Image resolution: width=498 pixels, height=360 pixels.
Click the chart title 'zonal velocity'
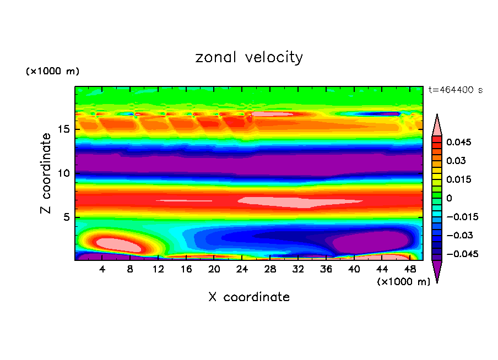coord(249,57)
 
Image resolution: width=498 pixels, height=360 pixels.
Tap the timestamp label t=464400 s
coord(455,90)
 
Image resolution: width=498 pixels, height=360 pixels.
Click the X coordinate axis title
coord(249,297)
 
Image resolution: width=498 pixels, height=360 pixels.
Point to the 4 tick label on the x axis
coord(102,269)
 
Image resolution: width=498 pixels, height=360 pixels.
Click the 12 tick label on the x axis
coord(159,269)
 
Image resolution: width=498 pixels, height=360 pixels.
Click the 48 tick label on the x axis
coord(409,269)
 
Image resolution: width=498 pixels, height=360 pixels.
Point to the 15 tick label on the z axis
coord(63,129)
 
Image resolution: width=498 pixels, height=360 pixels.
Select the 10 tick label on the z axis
coord(63,173)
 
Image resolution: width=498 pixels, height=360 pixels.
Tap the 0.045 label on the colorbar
coord(458,142)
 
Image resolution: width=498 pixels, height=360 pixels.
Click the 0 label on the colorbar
coord(448,198)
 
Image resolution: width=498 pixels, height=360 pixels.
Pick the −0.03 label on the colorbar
coord(458,235)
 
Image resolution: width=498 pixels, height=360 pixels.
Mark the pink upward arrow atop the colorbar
coord(437,126)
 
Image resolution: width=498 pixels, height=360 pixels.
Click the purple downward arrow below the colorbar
coord(437,270)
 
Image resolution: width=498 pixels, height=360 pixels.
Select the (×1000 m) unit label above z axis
coord(52,72)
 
